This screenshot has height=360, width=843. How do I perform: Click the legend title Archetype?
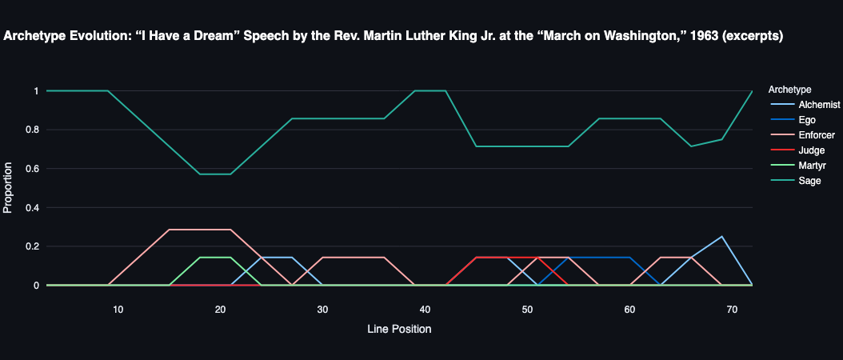[x=789, y=89]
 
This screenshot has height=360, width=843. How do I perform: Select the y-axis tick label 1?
[x=35, y=91]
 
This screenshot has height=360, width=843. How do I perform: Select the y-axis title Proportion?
[x=9, y=188]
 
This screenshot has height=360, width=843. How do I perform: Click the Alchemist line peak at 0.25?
[x=721, y=237]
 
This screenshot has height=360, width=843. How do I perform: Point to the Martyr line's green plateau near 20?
[x=214, y=258]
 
